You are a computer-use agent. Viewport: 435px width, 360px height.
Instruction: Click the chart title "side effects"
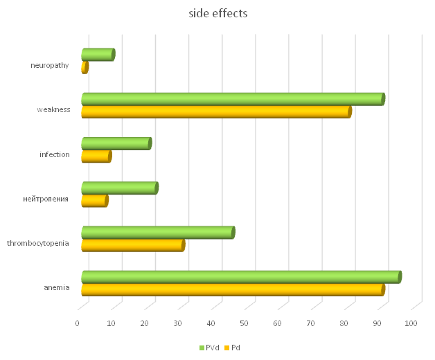(218, 13)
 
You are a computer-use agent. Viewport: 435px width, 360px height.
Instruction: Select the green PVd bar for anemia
(240, 277)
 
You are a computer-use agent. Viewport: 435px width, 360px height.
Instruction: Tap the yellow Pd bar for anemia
(232, 290)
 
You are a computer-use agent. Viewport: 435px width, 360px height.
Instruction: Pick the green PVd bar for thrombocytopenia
(157, 233)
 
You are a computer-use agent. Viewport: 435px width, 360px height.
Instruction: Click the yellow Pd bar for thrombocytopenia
(132, 245)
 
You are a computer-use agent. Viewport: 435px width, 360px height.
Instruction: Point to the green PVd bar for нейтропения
(119, 188)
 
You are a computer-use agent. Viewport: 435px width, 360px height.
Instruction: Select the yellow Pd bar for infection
(96, 156)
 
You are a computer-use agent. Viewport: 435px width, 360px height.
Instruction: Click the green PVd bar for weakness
(232, 99)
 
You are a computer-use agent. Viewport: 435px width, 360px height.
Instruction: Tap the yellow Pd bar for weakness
(215, 111)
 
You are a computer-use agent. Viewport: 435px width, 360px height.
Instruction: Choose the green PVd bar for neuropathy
(97, 54)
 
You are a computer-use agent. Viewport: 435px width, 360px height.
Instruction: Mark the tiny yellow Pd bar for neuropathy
(85, 67)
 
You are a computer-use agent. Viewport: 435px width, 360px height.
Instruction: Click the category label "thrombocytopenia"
(38, 243)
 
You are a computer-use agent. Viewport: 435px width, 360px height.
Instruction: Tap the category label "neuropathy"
(50, 66)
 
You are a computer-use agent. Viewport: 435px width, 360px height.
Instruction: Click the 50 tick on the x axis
(245, 323)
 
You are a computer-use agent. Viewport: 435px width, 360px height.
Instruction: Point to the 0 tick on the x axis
(78, 323)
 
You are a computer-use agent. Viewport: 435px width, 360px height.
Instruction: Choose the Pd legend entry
(233, 348)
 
